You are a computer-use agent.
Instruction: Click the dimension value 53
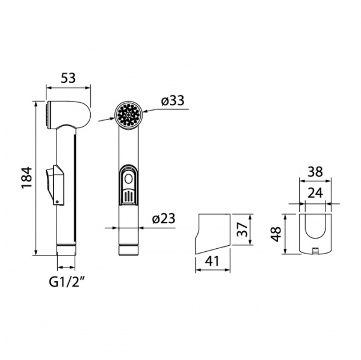point(69,77)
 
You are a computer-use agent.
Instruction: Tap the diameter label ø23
point(162,219)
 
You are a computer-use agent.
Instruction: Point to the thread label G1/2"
point(67,281)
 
